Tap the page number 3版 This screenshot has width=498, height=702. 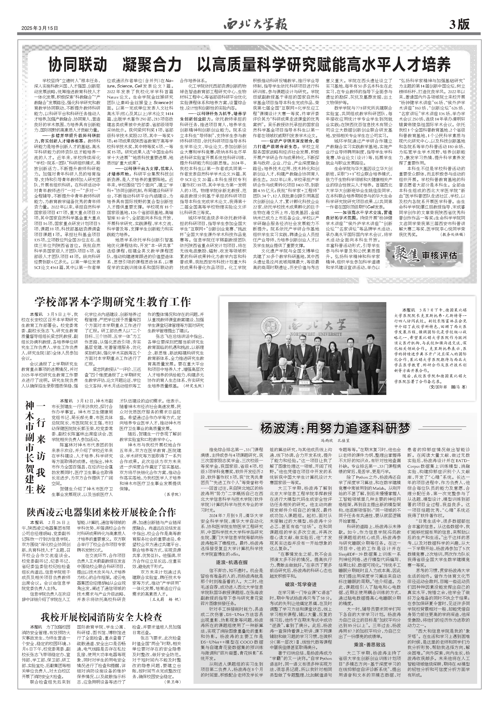pos(459,24)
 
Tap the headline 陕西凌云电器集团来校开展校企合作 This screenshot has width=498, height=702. pos(101,512)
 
